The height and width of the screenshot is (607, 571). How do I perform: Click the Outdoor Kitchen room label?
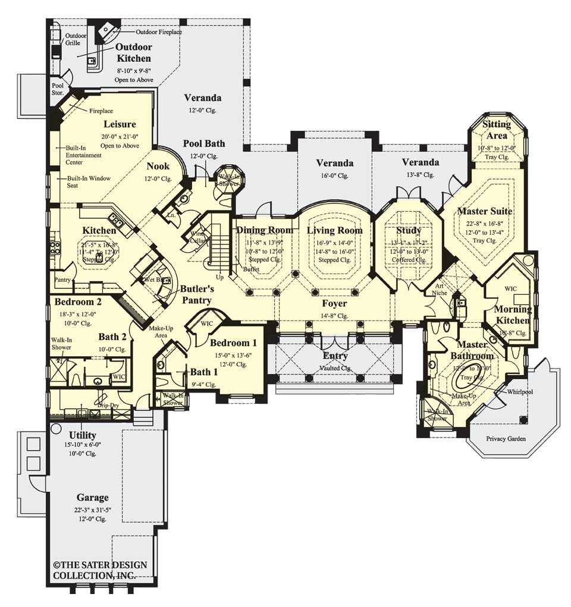(133, 53)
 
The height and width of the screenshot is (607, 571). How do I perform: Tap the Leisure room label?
(120, 124)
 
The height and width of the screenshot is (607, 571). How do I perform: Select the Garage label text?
(92, 497)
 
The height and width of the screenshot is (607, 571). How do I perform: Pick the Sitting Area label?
(496, 130)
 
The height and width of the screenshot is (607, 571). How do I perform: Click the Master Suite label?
(484, 211)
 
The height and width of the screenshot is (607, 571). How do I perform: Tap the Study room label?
(408, 230)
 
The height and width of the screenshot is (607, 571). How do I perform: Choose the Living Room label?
(334, 230)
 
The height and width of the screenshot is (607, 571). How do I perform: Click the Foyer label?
(334, 303)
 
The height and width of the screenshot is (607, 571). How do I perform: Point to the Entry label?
(335, 356)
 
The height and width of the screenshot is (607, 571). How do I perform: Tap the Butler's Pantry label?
(197, 294)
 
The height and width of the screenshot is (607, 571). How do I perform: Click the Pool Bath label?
(203, 144)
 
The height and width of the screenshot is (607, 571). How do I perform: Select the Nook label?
(159, 166)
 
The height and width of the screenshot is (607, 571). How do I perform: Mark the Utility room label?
(83, 435)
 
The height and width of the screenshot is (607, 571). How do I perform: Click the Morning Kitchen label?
(513, 315)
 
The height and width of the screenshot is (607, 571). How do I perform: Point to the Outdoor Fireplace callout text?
(159, 32)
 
